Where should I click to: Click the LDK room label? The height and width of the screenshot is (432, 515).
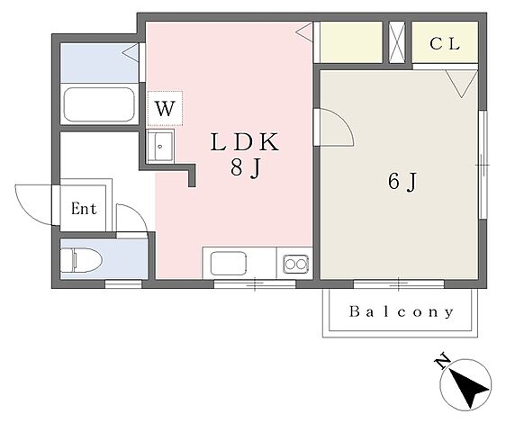pyautogui.click(x=245, y=142)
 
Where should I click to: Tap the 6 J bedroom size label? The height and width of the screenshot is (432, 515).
pyautogui.click(x=402, y=181)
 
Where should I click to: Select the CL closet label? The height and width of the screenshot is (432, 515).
pyautogui.click(x=445, y=44)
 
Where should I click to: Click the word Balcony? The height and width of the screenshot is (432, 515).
pyautogui.click(x=402, y=312)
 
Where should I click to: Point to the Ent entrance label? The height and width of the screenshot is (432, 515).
pyautogui.click(x=84, y=209)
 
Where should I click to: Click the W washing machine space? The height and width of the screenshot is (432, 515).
pyautogui.click(x=165, y=108)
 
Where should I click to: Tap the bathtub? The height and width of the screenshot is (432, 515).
pyautogui.click(x=99, y=104)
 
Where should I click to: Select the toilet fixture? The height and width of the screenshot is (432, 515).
pyautogui.click(x=81, y=260)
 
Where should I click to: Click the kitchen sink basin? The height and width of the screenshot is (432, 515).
pyautogui.click(x=229, y=264)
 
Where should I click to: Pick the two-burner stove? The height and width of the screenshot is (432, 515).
pyautogui.click(x=296, y=264)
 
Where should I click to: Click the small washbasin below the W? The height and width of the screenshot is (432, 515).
pyautogui.click(x=160, y=146)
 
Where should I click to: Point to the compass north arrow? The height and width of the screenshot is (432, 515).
pyautogui.click(x=465, y=385)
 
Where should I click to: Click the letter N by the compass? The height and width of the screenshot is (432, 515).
pyautogui.click(x=442, y=360)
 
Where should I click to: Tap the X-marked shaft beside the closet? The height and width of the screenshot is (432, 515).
pyautogui.click(x=397, y=42)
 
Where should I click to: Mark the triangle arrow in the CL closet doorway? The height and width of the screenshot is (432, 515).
pyautogui.click(x=462, y=84)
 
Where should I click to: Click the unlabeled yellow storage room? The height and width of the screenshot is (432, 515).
pyautogui.click(x=351, y=42)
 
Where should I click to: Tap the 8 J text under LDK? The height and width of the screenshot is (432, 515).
pyautogui.click(x=246, y=168)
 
